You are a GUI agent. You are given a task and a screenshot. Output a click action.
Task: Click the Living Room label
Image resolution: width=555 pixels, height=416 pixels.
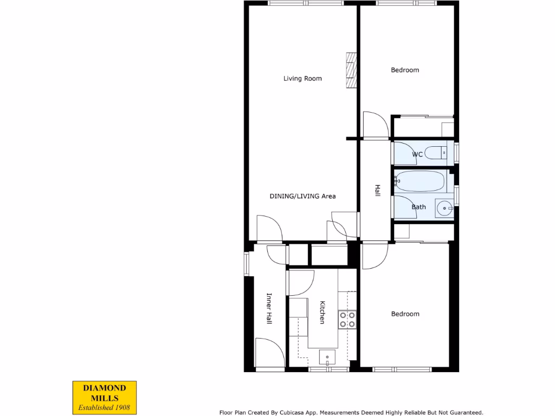pyautogui.click(x=302, y=79)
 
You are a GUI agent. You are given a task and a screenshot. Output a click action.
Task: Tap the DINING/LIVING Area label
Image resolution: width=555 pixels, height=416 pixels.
pyautogui.click(x=302, y=196)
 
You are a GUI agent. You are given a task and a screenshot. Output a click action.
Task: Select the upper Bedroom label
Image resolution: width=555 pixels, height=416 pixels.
pyautogui.click(x=405, y=70)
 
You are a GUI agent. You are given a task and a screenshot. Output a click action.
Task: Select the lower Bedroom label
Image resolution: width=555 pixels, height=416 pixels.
pyautogui.click(x=405, y=314)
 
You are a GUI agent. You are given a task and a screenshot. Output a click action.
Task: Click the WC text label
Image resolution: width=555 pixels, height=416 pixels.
pyautogui.click(x=417, y=154)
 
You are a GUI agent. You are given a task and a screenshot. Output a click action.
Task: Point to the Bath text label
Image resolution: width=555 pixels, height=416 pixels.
pyautogui.click(x=418, y=207)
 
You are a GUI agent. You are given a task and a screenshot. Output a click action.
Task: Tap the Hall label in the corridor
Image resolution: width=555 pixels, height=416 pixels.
pyautogui.click(x=377, y=190)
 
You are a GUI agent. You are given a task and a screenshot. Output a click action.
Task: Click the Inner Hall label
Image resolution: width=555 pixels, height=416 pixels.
pyautogui.click(x=269, y=309)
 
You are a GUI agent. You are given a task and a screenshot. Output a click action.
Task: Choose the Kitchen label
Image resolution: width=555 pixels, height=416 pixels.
pyautogui.click(x=322, y=313)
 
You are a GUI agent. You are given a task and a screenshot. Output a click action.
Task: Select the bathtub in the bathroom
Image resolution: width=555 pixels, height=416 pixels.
pyautogui.click(x=420, y=181)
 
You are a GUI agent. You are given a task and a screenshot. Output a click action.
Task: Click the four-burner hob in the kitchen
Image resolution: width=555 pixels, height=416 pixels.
pyautogui.click(x=347, y=320)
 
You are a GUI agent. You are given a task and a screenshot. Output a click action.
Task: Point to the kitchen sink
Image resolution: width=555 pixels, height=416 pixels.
pyautogui.click(x=327, y=357)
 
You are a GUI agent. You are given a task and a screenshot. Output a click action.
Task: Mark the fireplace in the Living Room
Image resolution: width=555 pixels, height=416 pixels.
pyautogui.click(x=352, y=70)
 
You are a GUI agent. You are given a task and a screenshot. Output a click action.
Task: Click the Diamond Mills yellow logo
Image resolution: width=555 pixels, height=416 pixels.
pyautogui.click(x=105, y=397)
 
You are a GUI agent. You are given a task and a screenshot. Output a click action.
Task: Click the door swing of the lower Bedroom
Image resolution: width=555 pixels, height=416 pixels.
pyautogui.click(x=375, y=256)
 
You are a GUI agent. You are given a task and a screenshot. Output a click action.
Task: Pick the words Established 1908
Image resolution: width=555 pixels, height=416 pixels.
pyautogui.click(x=105, y=407)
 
